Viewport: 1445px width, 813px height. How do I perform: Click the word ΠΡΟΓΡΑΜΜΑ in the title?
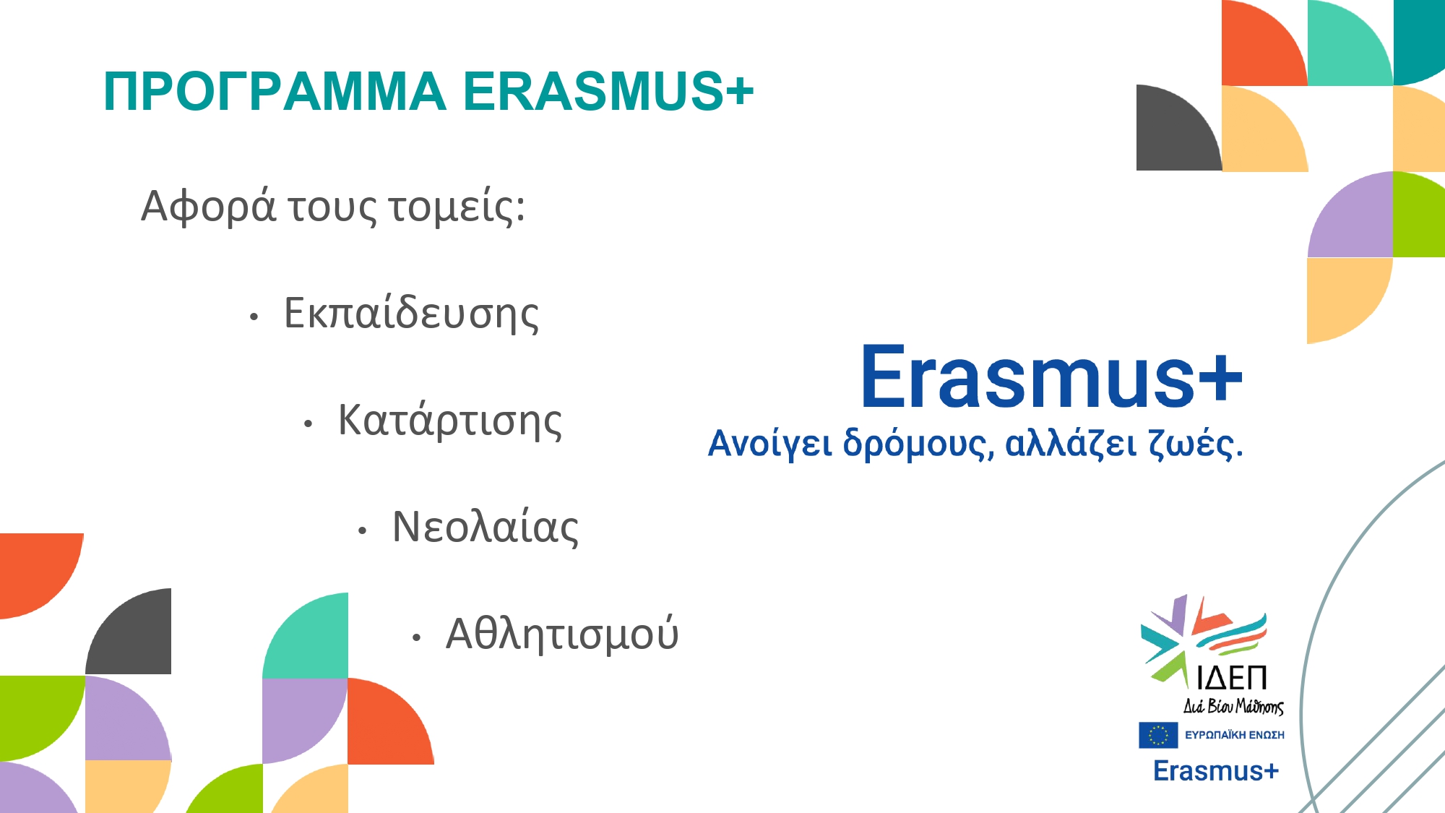click(x=275, y=92)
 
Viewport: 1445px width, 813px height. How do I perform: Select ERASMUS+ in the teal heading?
click(x=608, y=92)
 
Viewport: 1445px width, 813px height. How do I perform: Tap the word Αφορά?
click(x=209, y=207)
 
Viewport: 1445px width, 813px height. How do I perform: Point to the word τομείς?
click(x=457, y=207)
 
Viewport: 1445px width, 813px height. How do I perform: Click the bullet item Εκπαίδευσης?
click(x=411, y=314)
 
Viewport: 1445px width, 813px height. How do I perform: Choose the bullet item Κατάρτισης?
click(x=449, y=421)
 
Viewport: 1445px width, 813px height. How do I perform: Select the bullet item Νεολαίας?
click(x=485, y=527)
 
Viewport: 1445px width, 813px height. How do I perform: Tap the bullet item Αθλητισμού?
click(x=562, y=634)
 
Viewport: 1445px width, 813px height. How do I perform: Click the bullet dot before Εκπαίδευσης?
click(x=254, y=317)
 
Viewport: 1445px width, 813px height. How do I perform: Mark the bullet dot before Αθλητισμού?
click(x=416, y=637)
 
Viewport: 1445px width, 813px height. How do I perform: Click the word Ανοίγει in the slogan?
click(x=770, y=444)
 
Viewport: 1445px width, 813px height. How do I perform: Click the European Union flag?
click(x=1158, y=736)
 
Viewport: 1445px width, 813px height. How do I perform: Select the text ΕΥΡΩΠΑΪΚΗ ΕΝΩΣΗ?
click(x=1235, y=735)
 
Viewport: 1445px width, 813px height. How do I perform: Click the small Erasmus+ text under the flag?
click(x=1216, y=771)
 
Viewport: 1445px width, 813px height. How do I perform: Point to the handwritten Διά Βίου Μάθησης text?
click(x=1233, y=705)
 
